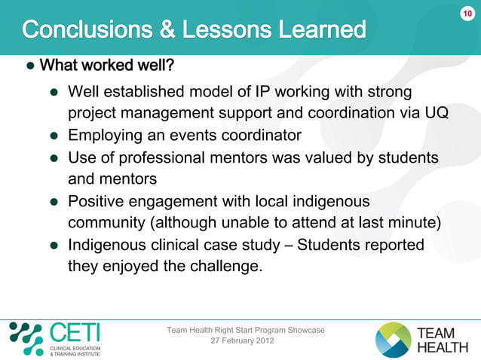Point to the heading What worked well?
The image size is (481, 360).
(106, 66)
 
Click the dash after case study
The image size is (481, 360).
(288, 246)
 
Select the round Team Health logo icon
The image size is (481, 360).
(394, 340)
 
